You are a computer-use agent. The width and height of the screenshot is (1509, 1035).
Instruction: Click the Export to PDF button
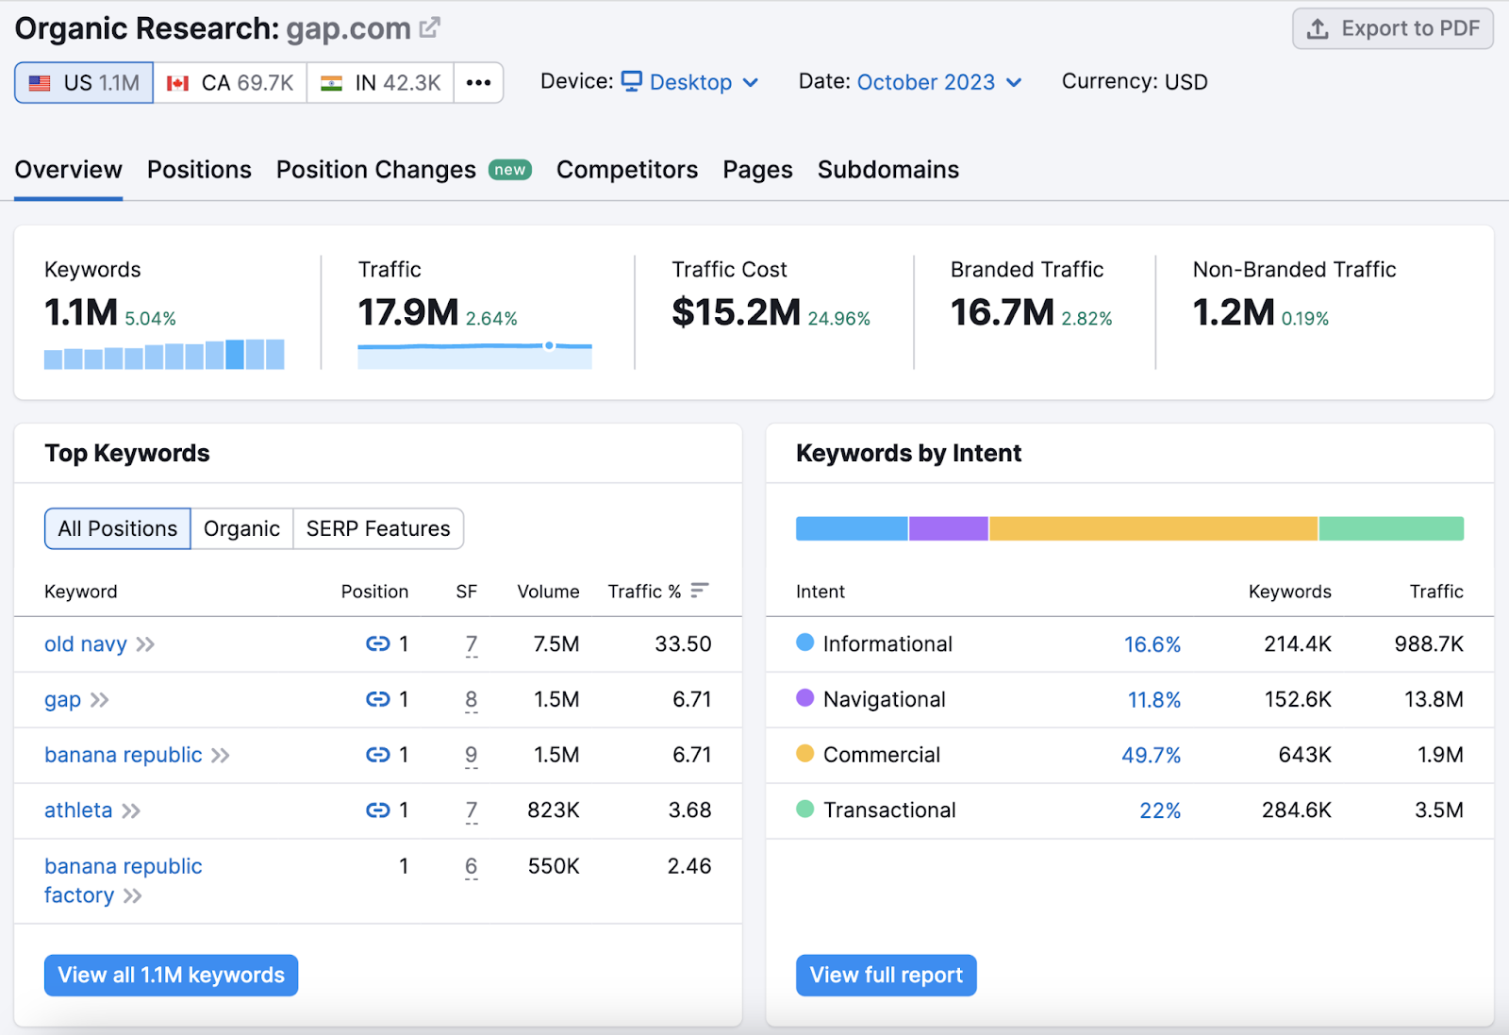coord(1392,29)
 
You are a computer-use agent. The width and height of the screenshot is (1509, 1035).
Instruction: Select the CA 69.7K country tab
coord(230,83)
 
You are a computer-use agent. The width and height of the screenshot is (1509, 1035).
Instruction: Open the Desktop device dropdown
coord(690,82)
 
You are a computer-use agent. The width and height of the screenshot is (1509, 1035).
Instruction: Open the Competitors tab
coord(626,170)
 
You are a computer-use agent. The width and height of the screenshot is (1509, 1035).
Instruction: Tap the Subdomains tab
coord(887,170)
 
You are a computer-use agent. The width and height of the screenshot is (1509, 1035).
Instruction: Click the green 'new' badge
coord(510,170)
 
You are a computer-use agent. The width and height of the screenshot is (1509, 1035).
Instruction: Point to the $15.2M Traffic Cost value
coord(736,312)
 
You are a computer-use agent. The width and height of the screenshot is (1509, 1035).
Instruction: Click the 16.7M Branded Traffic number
coord(1002,312)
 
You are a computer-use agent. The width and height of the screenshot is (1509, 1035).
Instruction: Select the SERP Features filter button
coord(378,528)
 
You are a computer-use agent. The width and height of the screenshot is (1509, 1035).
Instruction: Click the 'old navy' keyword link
coord(86,644)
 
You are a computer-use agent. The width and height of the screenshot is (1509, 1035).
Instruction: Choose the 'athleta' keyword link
coord(78,810)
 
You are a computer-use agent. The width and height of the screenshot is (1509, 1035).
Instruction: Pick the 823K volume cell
coord(554,810)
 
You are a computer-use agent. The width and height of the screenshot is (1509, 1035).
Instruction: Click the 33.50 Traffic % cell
coord(683,644)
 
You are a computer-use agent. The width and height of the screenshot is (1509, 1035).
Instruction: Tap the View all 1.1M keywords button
coord(171,975)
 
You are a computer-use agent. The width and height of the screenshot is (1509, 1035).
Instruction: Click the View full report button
coord(886,975)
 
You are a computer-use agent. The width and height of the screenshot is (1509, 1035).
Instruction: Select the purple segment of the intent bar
coord(948,528)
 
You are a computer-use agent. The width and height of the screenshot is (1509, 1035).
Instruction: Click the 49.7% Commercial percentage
coord(1151,755)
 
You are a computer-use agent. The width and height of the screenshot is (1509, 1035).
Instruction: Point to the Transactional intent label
coord(888,810)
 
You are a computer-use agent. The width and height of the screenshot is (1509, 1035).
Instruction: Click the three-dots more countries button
coord(478,83)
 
